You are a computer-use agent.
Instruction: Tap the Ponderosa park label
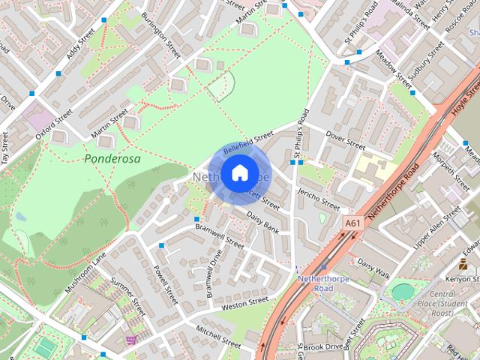pyautogui.click(x=112, y=159)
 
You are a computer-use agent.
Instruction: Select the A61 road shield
pyautogui.click(x=352, y=223)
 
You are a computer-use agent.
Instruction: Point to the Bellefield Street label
pyautogui.click(x=248, y=141)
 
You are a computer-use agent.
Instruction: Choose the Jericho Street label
pyautogui.click(x=319, y=198)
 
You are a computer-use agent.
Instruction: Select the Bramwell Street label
pyautogui.click(x=219, y=235)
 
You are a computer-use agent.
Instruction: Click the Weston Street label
pyautogui.click(x=244, y=303)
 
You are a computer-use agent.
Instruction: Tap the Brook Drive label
pyautogui.click(x=323, y=346)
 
